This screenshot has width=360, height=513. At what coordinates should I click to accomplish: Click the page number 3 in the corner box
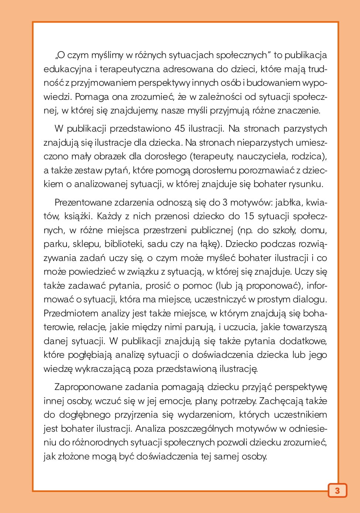point(337,491)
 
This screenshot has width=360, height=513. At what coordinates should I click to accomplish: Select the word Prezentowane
point(83,202)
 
